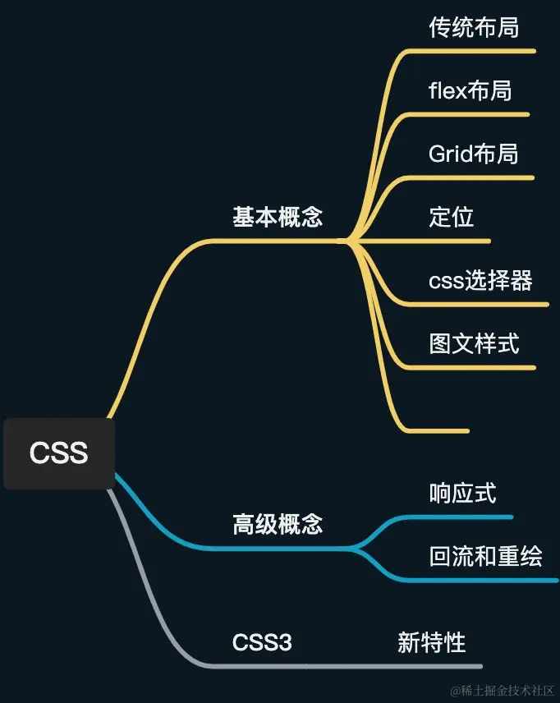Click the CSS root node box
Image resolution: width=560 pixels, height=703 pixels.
(58, 453)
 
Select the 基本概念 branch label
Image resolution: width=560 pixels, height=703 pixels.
(278, 217)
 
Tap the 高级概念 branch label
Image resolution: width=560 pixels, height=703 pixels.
(278, 524)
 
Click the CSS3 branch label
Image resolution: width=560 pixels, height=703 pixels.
(262, 642)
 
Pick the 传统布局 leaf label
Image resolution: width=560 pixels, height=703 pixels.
(474, 27)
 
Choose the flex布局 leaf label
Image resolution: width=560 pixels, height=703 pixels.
(470, 90)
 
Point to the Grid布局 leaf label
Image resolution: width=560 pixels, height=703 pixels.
(474, 154)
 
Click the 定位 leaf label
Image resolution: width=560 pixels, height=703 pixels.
(452, 217)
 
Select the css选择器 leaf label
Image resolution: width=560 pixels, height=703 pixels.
(480, 280)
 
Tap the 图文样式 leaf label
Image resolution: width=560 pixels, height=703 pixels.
(474, 342)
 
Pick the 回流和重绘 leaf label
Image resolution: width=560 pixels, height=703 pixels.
(485, 556)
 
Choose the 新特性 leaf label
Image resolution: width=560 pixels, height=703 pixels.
(432, 642)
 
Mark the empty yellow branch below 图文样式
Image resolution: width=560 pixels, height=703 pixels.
(435, 430)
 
